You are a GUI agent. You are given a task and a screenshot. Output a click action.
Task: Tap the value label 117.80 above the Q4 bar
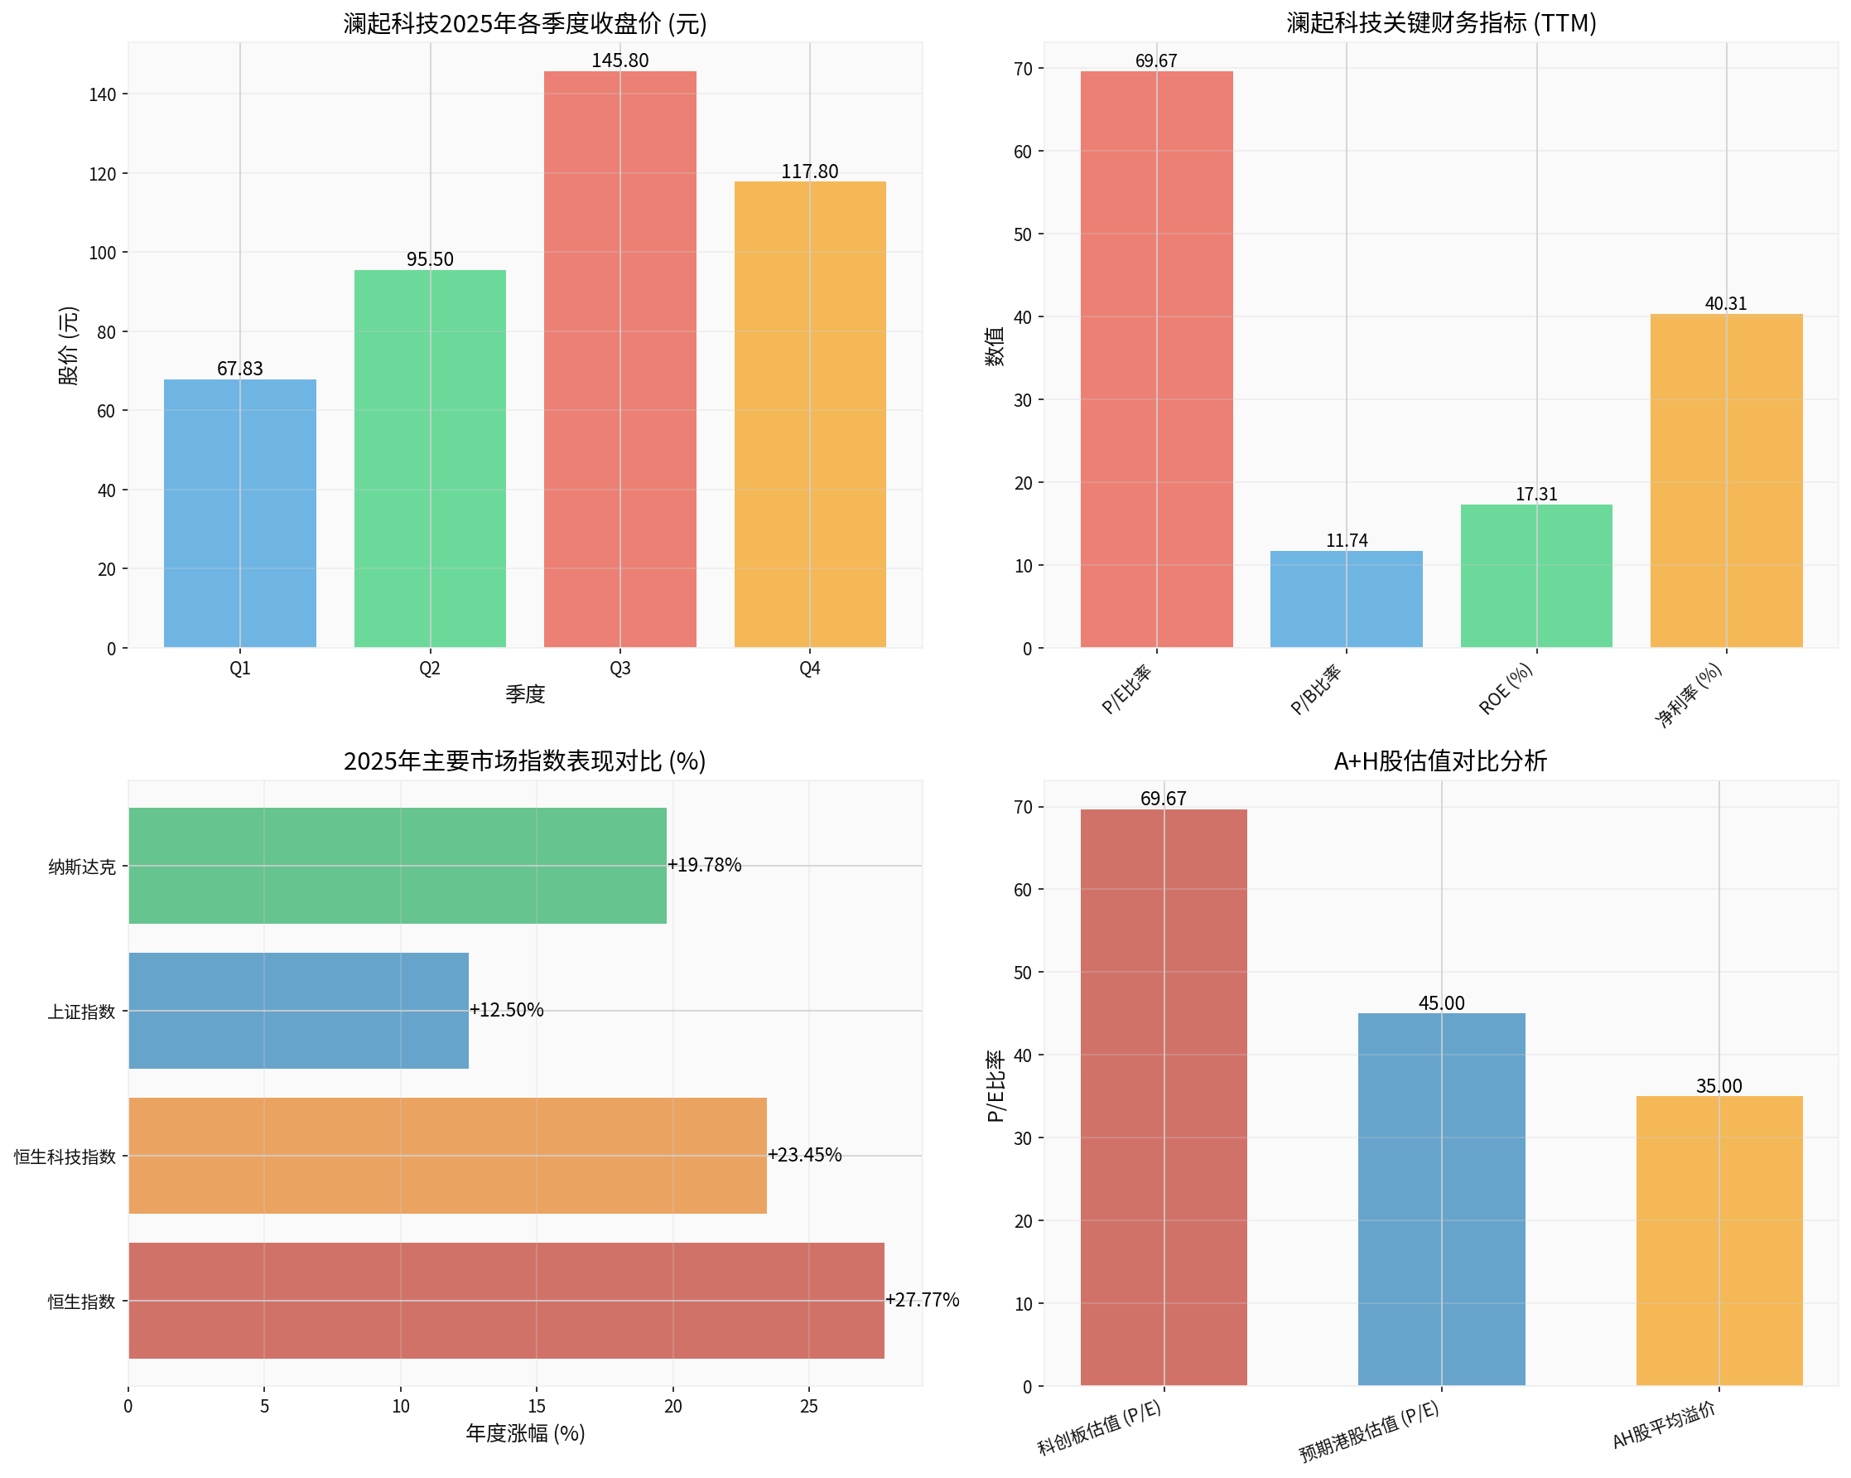tap(810, 171)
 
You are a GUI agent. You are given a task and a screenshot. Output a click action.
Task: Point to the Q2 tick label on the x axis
tap(429, 668)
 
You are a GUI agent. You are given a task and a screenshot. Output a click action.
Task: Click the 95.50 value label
tap(429, 259)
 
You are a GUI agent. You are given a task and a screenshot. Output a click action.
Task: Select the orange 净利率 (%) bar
tap(1726, 480)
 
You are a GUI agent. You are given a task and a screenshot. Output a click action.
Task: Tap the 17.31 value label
tap(1536, 494)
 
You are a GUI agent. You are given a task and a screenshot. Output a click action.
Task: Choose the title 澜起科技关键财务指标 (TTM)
tap(1440, 23)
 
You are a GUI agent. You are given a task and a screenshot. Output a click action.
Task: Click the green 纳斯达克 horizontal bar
tap(397, 865)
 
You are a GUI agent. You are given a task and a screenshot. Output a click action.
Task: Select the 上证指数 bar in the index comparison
tap(298, 1010)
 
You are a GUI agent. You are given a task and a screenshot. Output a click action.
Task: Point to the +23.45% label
tap(804, 1155)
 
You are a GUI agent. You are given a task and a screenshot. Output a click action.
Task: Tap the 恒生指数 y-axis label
tap(80, 1301)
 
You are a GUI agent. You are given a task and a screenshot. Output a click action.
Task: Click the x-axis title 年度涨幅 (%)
tap(524, 1433)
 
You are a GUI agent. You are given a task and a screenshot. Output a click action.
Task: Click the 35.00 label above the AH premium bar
tap(1718, 1085)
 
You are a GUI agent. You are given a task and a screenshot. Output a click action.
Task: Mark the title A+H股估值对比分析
tap(1439, 761)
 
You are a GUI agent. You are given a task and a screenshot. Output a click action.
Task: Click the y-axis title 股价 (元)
tap(69, 345)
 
